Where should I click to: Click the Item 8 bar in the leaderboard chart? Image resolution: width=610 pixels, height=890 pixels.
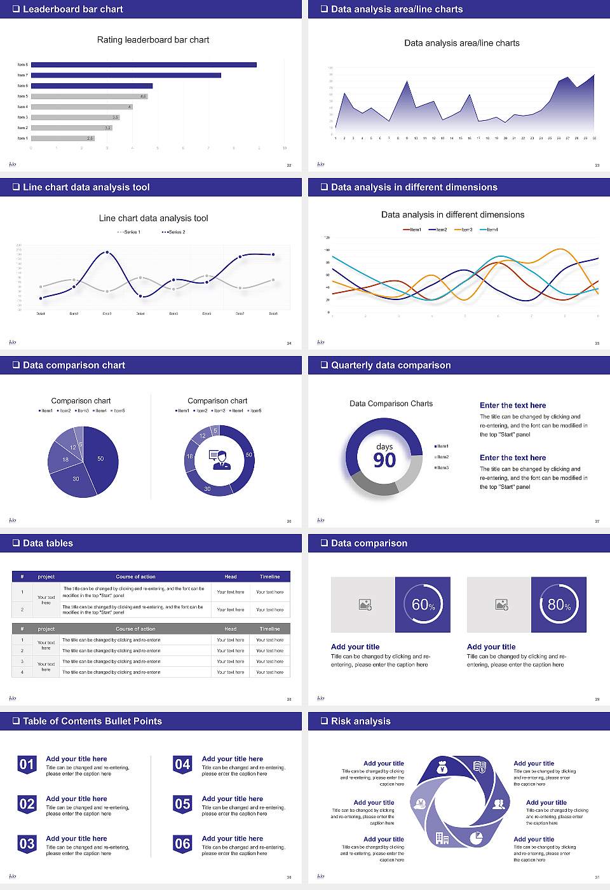point(144,65)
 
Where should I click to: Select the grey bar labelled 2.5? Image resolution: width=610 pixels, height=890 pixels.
point(62,138)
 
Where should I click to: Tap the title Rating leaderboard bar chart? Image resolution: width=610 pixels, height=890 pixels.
point(153,40)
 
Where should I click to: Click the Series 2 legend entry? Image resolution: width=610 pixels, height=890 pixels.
point(174,232)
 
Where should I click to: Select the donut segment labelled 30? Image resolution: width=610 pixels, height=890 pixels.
point(208,488)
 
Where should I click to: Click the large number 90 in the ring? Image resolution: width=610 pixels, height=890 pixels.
point(384,460)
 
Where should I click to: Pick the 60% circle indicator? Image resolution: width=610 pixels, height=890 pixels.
point(423,605)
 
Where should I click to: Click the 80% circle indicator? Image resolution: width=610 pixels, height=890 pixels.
point(559,605)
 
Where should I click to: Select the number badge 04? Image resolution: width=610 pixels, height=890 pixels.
point(182,764)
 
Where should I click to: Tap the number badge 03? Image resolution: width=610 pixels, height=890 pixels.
point(27,844)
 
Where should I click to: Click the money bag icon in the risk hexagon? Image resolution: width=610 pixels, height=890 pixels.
point(443,768)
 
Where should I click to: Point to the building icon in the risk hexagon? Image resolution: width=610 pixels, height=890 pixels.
point(442,839)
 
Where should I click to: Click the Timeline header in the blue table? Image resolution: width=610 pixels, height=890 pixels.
point(269,577)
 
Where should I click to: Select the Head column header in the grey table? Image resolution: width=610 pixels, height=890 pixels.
point(230,629)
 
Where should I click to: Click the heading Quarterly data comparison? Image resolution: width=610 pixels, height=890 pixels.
point(391,366)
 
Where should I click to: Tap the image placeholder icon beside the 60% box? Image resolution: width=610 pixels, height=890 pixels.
point(365,605)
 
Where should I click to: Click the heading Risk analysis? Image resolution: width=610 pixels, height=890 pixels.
point(360,722)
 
